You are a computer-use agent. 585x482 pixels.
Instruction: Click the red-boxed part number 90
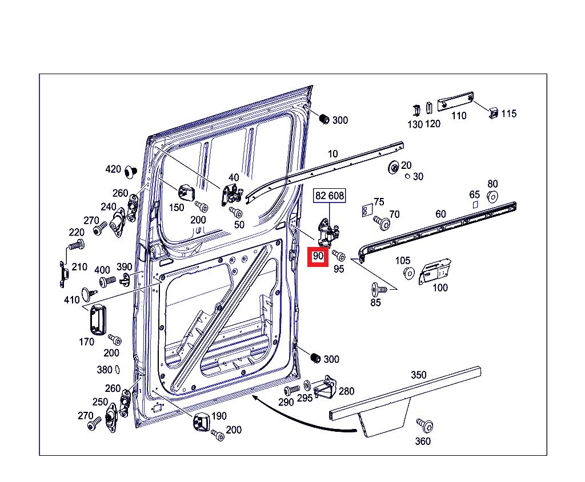click(x=318, y=256)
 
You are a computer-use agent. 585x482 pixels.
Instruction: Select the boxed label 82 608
click(x=330, y=195)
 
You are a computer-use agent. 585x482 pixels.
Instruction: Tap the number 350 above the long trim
click(x=418, y=375)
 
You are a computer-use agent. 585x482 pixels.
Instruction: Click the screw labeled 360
click(x=425, y=425)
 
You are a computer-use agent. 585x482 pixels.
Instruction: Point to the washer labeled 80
click(x=492, y=196)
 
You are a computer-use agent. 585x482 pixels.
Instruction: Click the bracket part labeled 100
click(x=435, y=271)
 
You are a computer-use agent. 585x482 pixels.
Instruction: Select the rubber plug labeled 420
click(x=130, y=172)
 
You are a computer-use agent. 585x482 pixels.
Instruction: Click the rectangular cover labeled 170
click(x=97, y=320)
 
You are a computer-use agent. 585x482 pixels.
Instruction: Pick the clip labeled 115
click(x=493, y=112)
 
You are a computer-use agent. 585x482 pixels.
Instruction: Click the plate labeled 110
click(x=455, y=102)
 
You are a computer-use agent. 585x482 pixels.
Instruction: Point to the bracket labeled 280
click(x=325, y=387)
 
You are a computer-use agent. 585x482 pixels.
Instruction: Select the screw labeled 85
click(x=377, y=290)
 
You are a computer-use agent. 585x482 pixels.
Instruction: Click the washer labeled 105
click(x=409, y=273)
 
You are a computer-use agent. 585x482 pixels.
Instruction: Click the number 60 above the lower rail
click(x=440, y=214)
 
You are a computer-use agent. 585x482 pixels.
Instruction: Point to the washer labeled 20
click(x=394, y=168)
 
